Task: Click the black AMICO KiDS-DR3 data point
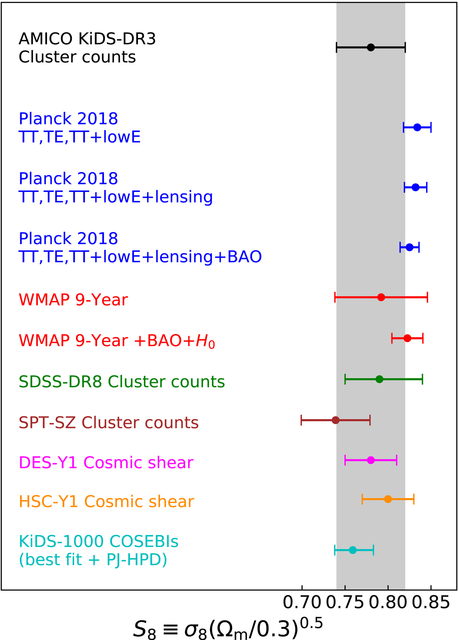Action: pyautogui.click(x=371, y=47)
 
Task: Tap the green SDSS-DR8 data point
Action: pyautogui.click(x=379, y=379)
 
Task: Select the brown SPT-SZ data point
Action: pyautogui.click(x=335, y=420)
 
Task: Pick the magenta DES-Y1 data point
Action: pyautogui.click(x=371, y=460)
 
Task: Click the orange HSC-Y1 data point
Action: pyautogui.click(x=388, y=500)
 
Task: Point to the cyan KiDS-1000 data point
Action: pyautogui.click(x=353, y=550)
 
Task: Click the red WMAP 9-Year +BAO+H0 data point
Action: pyautogui.click(x=407, y=338)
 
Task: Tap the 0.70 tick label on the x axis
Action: pyautogui.click(x=302, y=603)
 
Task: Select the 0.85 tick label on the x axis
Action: pyautogui.click(x=431, y=603)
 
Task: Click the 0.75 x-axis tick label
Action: pyautogui.click(x=345, y=603)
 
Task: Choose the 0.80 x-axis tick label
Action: pyautogui.click(x=388, y=603)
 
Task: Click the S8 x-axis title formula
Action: pyautogui.click(x=228, y=628)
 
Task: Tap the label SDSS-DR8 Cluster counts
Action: pyautogui.click(x=122, y=382)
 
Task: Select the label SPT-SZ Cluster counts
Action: pyautogui.click(x=109, y=423)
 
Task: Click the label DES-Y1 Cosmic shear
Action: pyautogui.click(x=106, y=462)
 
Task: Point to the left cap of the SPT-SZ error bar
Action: pyautogui.click(x=301, y=420)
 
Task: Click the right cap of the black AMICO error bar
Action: pyautogui.click(x=405, y=47)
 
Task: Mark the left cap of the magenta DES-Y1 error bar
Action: pyautogui.click(x=345, y=460)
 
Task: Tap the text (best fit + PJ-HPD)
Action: pyautogui.click(x=93, y=560)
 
